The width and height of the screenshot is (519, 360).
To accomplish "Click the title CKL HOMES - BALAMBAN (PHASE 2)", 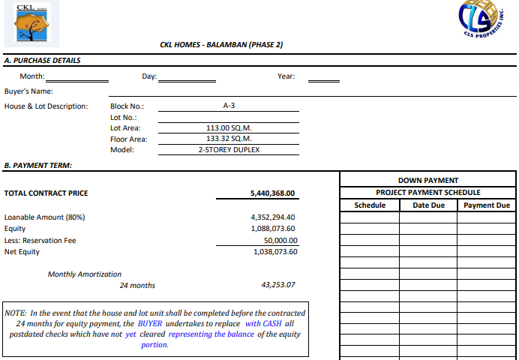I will pyautogui.click(x=221, y=45).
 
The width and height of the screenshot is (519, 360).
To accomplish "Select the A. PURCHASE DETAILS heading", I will pyautogui.click(x=43, y=60).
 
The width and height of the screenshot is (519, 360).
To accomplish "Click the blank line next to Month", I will pyautogui.click(x=84, y=77).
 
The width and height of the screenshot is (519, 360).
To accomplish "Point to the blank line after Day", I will pyautogui.click(x=187, y=77).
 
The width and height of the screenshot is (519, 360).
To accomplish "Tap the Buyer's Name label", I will pyautogui.click(x=28, y=91).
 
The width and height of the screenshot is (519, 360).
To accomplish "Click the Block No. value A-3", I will pyautogui.click(x=229, y=106).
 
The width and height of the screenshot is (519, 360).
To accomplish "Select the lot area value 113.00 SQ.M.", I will pyautogui.click(x=229, y=128).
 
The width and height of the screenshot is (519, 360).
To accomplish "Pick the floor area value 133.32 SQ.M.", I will pyautogui.click(x=229, y=139).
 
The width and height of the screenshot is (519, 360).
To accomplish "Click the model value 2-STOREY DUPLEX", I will pyautogui.click(x=229, y=149).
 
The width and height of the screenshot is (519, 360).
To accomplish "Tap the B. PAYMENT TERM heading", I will pyautogui.click(x=38, y=165).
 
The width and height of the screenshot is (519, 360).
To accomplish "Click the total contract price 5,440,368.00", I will pyautogui.click(x=272, y=193).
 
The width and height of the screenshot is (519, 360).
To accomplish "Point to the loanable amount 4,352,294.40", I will pyautogui.click(x=274, y=217).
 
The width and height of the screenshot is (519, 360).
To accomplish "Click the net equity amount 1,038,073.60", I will pyautogui.click(x=274, y=251).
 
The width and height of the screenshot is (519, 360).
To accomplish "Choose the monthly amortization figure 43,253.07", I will pyautogui.click(x=278, y=285).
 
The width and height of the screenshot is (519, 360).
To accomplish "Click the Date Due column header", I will pyautogui.click(x=428, y=205).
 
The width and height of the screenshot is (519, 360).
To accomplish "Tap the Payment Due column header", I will pyautogui.click(x=487, y=205).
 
